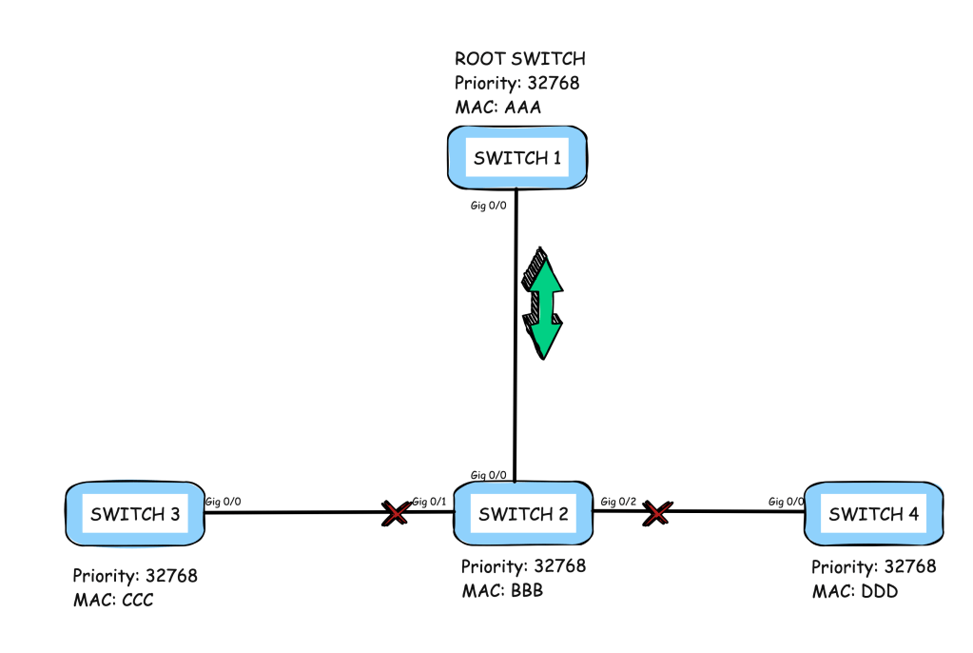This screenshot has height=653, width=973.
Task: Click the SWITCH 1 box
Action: [516, 158]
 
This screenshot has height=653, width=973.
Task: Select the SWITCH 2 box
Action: [523, 515]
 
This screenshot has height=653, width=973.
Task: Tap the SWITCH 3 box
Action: [135, 515]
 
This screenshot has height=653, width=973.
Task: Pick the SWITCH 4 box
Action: [873, 515]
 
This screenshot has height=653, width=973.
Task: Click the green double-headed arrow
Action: [543, 304]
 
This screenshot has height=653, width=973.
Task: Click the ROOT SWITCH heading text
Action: [519, 59]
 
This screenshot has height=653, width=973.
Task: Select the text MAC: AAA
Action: [497, 107]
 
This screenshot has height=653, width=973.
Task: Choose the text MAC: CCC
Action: [113, 600]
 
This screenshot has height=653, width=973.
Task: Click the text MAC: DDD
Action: [854, 591]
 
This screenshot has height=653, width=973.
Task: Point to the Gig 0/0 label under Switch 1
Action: [491, 207]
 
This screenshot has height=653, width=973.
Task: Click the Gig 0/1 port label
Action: [430, 502]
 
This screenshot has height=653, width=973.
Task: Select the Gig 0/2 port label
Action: [619, 502]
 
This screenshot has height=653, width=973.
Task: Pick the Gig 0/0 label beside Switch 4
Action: [787, 502]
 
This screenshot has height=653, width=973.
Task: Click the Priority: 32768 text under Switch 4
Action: [873, 567]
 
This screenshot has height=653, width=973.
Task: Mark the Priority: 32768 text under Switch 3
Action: [135, 576]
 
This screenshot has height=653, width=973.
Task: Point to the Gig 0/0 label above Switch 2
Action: [491, 474]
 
